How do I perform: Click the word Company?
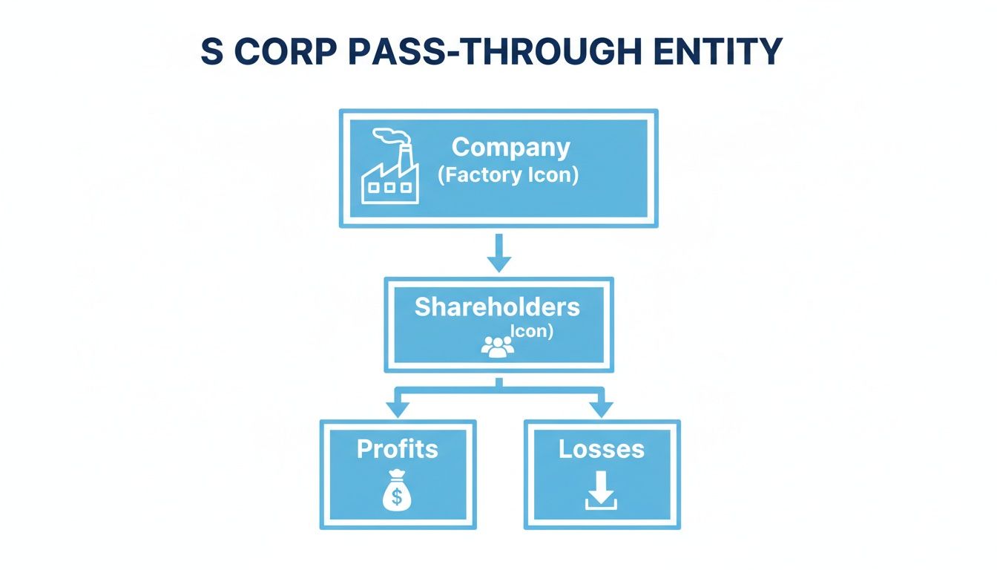coord(510,147)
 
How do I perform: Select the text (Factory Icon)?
coord(507,177)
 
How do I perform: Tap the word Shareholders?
coord(497,307)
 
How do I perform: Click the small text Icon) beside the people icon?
coord(533,331)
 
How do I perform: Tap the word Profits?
coord(398,448)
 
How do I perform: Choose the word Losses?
coord(602,448)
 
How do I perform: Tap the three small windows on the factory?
coord(389,188)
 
